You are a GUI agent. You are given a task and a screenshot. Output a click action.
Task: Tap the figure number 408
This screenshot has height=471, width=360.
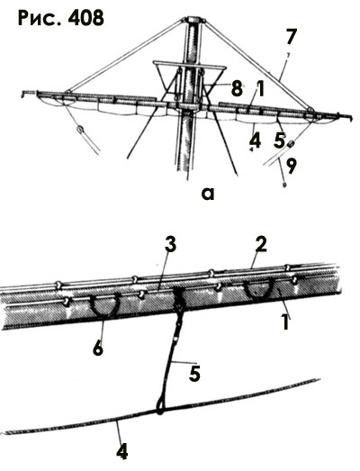(85, 18)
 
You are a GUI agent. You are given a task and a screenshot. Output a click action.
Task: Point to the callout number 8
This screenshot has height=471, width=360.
(237, 88)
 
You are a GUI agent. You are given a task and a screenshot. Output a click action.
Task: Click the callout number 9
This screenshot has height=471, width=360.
(291, 166)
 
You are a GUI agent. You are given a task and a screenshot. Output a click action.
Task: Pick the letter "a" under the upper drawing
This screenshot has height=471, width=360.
(208, 194)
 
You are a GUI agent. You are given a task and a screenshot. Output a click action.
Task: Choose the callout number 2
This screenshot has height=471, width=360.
(260, 247)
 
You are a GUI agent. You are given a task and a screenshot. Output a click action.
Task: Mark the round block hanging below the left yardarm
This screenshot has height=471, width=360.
(80, 130)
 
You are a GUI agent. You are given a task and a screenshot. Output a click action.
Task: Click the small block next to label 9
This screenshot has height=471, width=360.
(292, 144)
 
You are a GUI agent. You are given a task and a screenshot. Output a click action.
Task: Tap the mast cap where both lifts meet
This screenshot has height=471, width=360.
(194, 21)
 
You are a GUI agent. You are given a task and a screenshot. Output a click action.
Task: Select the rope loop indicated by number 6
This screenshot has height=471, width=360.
(104, 312)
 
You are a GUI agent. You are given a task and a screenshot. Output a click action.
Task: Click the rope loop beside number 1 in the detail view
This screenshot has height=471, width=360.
(257, 296)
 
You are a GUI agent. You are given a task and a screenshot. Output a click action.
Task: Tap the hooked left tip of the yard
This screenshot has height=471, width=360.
(24, 94)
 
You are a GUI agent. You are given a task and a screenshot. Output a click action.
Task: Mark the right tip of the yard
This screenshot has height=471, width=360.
(350, 117)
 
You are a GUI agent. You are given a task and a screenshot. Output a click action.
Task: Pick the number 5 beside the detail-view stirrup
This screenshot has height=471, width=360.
(194, 374)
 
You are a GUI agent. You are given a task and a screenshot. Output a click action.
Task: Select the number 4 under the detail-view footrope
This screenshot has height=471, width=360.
(122, 450)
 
